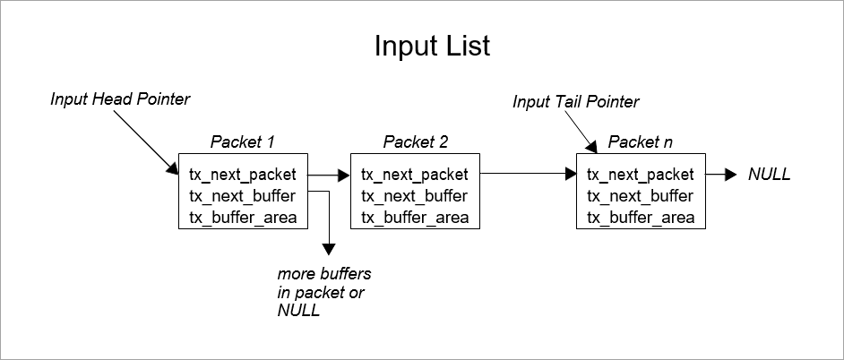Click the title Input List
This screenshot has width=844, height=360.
432,47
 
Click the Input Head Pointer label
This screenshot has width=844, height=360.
121,99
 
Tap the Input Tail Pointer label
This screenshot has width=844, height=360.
576,102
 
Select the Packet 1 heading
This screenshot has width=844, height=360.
242,141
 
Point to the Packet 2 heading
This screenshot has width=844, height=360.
416,141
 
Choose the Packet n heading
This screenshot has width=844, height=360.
640,141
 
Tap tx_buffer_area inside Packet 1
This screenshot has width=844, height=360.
243,218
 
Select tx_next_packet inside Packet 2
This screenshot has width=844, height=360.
414,175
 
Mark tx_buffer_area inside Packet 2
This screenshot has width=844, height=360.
415,218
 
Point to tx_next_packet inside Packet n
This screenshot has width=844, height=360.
640,175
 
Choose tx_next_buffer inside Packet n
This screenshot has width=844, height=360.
639,196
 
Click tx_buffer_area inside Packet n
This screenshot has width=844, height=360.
641,218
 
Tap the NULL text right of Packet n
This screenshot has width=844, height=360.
770,176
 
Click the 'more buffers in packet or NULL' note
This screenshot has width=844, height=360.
323,291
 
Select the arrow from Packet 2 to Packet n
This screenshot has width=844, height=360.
529,176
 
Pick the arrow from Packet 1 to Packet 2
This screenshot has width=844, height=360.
329,176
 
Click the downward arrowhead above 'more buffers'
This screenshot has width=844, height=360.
331,250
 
